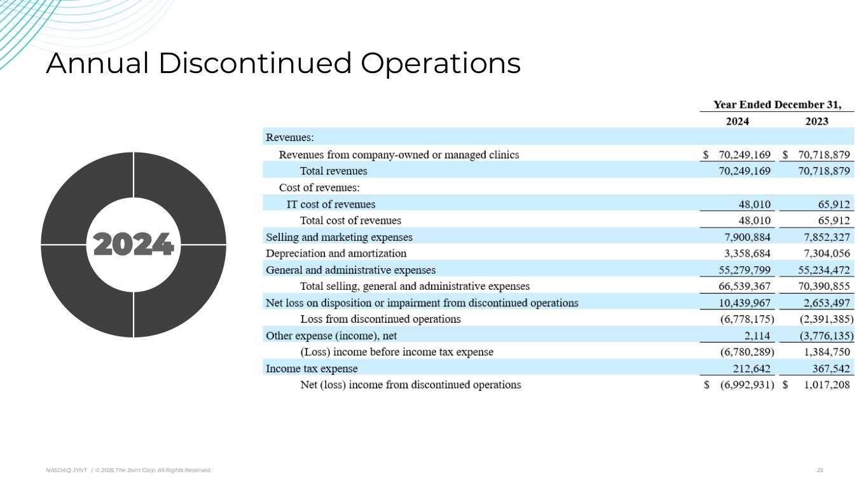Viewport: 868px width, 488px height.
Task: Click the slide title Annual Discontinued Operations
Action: point(283,64)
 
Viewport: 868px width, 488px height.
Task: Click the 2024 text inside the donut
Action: point(134,245)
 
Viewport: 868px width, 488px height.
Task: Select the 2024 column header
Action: point(738,121)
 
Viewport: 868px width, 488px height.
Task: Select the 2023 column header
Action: point(816,121)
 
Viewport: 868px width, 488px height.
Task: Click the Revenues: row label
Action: point(290,137)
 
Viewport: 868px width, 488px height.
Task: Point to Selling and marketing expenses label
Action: point(339,237)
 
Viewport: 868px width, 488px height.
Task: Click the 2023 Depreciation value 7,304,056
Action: point(824,254)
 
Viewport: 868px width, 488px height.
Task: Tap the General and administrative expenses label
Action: point(350,270)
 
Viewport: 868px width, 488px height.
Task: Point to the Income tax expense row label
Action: point(312,369)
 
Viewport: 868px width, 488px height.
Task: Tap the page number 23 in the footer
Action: point(820,470)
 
